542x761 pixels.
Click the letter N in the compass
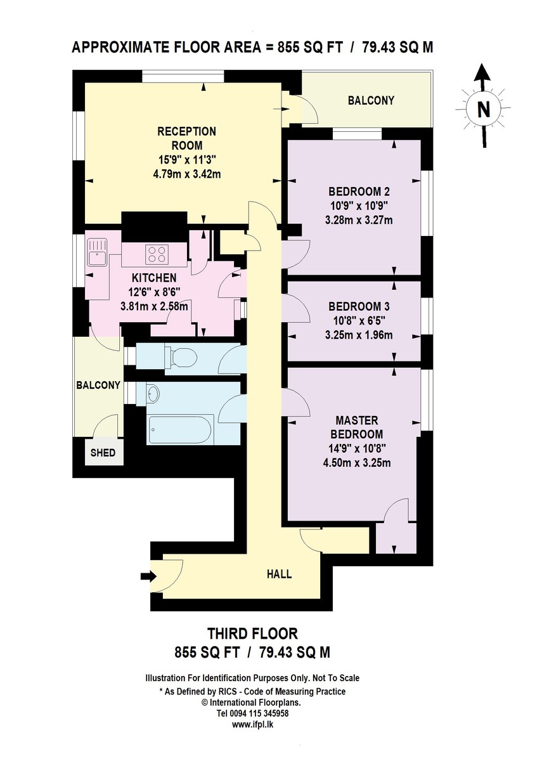(x=483, y=109)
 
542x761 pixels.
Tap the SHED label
(x=103, y=453)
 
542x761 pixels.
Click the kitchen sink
(x=97, y=252)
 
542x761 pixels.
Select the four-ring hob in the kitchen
(x=157, y=254)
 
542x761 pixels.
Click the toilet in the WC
(x=181, y=358)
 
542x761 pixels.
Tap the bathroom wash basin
(x=153, y=394)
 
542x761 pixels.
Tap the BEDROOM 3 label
(x=359, y=307)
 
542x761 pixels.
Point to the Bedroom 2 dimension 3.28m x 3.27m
(x=359, y=220)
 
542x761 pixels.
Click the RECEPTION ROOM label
(x=186, y=138)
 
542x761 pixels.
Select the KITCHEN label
(x=154, y=278)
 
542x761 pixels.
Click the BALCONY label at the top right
(x=371, y=101)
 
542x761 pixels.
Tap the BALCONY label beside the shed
(x=98, y=385)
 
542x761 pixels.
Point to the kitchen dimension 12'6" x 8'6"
(x=154, y=292)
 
